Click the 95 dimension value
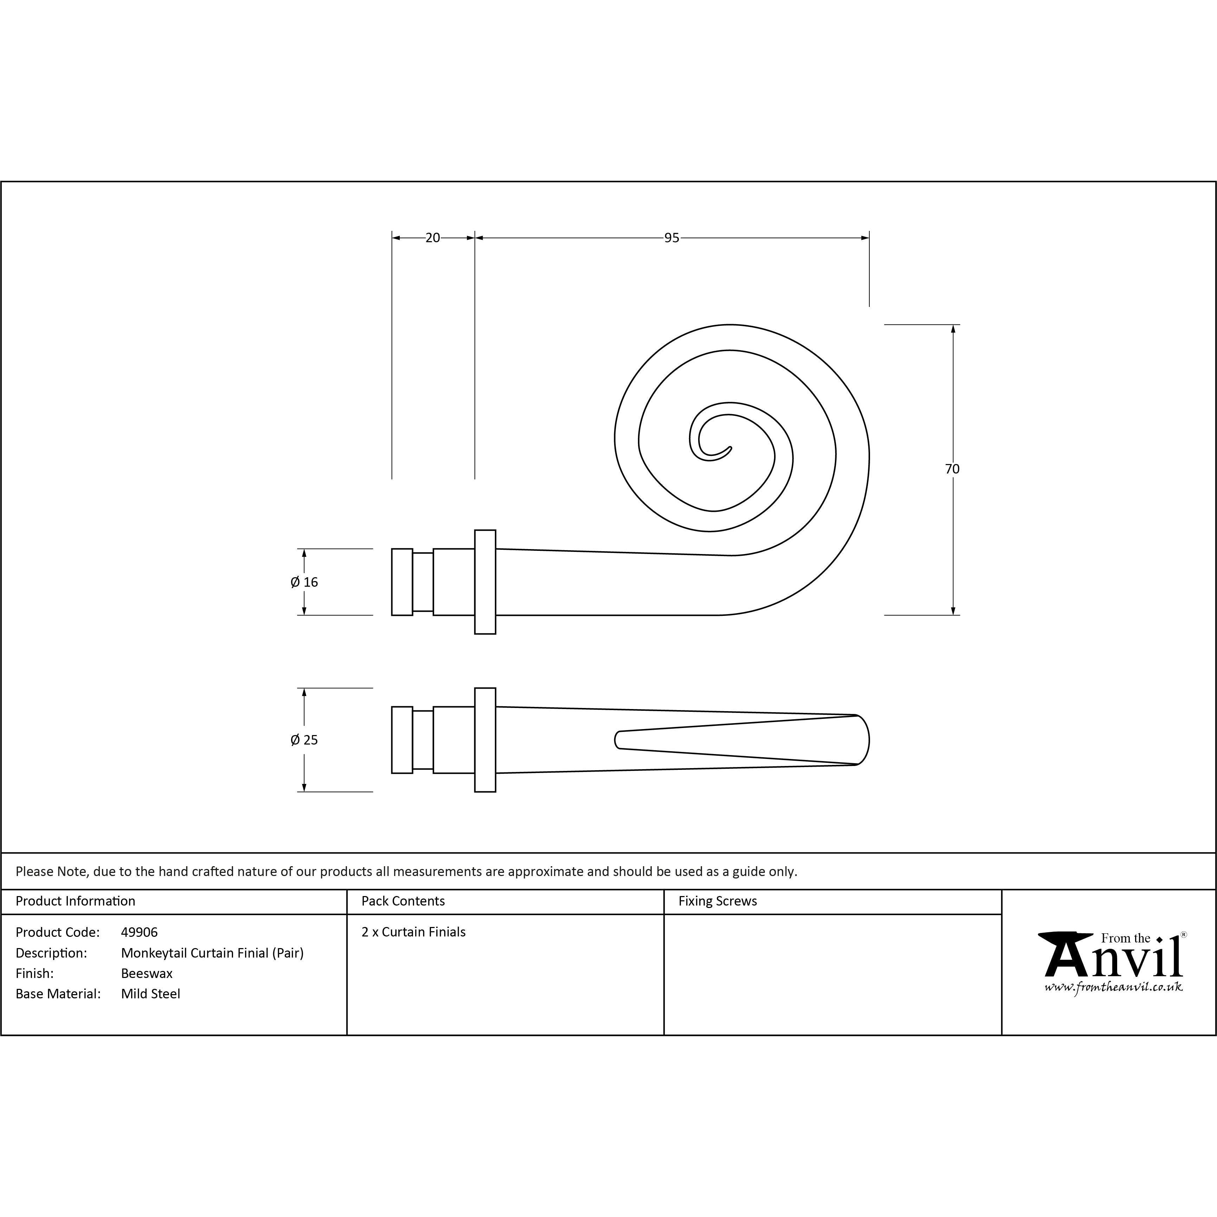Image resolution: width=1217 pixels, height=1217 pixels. click(671, 238)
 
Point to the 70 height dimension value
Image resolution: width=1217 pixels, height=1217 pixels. click(952, 469)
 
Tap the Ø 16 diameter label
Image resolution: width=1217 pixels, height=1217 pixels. click(304, 582)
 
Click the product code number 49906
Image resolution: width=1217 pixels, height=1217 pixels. click(139, 932)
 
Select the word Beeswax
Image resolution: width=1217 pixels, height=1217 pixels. click(147, 973)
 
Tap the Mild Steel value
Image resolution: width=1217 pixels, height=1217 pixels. click(150, 994)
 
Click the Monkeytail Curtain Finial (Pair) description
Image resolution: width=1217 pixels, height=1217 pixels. click(212, 953)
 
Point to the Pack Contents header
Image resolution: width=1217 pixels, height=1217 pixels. click(403, 901)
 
